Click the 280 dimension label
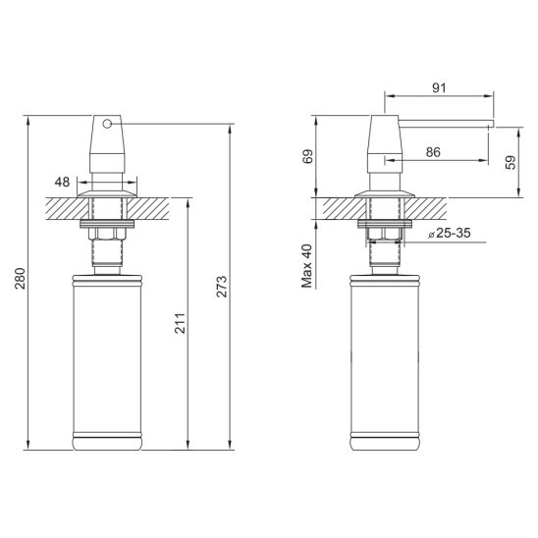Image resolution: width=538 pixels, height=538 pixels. pyautogui.click(x=20, y=278)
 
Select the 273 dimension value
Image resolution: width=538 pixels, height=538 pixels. pyautogui.click(x=222, y=286)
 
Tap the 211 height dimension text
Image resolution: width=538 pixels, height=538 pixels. pyautogui.click(x=180, y=323)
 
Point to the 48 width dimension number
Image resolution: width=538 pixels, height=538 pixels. pyautogui.click(x=62, y=182)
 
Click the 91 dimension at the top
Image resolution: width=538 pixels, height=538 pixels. pyautogui.click(x=439, y=87)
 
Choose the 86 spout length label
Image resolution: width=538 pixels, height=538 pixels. pyautogui.click(x=433, y=152)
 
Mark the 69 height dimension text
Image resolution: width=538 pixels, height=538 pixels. pyautogui.click(x=308, y=156)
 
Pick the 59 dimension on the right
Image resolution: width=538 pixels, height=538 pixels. pyautogui.click(x=511, y=162)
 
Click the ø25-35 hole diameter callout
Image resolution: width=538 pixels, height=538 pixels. pyautogui.click(x=450, y=234)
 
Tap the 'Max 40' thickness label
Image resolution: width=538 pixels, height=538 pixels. pyautogui.click(x=307, y=266)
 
